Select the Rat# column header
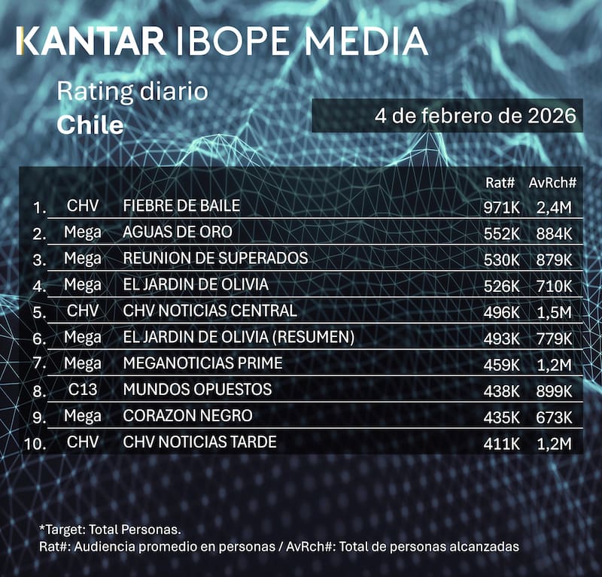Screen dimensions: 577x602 pyautogui.click(x=501, y=183)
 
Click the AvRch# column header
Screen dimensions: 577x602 pyautogui.click(x=552, y=183)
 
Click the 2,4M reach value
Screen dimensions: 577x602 pyautogui.click(x=555, y=208)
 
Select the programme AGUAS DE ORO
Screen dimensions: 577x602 pyautogui.click(x=178, y=232)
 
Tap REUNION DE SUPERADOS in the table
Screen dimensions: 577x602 pyautogui.click(x=215, y=258)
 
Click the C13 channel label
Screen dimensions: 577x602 pyautogui.click(x=83, y=390)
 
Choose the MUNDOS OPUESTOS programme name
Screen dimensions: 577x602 pyautogui.click(x=197, y=390)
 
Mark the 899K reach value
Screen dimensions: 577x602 pyautogui.click(x=555, y=391)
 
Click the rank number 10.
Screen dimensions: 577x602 pyautogui.click(x=35, y=443)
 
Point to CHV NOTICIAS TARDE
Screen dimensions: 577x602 pyautogui.click(x=199, y=442)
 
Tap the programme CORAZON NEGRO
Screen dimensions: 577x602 pyautogui.click(x=187, y=416)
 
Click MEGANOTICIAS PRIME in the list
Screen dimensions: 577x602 pyautogui.click(x=202, y=363)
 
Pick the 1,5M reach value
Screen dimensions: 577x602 pyautogui.click(x=555, y=312)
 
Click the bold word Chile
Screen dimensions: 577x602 pyautogui.click(x=90, y=124)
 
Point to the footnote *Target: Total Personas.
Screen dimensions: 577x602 pyautogui.click(x=110, y=530)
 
